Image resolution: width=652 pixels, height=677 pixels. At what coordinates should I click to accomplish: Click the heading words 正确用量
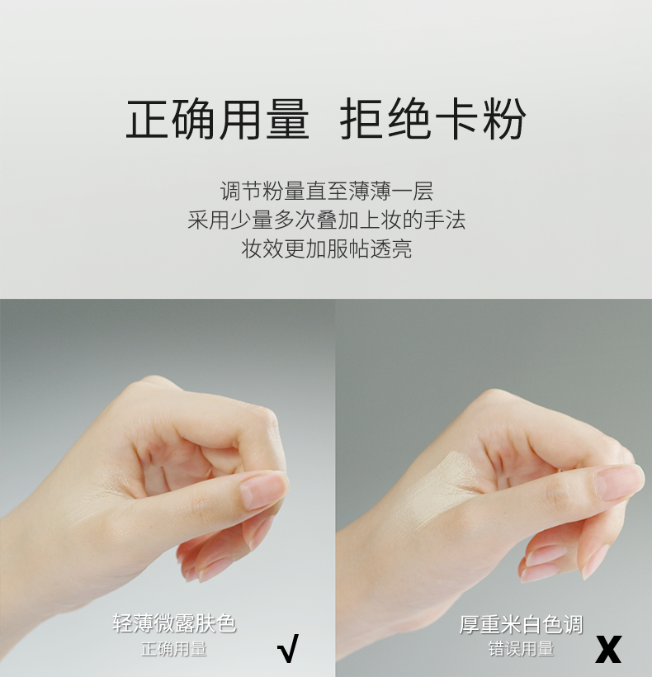pyautogui.click(x=218, y=118)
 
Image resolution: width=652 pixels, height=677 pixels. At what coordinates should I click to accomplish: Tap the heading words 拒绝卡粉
pyautogui.click(x=432, y=118)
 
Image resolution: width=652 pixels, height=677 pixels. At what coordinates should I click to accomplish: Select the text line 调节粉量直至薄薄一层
pyautogui.click(x=326, y=191)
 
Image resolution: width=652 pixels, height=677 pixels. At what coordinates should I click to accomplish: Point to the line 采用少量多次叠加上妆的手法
pyautogui.click(x=326, y=220)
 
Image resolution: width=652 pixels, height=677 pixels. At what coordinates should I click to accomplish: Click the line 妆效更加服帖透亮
pyautogui.click(x=326, y=249)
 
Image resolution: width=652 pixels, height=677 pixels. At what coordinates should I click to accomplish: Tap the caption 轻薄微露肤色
pyautogui.click(x=174, y=623)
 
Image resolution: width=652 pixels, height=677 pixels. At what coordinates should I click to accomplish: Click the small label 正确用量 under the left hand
pyautogui.click(x=174, y=649)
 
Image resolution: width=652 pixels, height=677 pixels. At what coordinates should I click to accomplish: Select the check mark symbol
pyautogui.click(x=288, y=648)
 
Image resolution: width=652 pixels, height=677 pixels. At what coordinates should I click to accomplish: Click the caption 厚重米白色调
pyautogui.click(x=521, y=625)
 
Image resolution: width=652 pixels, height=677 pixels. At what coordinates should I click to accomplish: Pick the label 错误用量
pyautogui.click(x=521, y=649)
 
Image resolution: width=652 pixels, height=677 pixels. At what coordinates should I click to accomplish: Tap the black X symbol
pyautogui.click(x=608, y=649)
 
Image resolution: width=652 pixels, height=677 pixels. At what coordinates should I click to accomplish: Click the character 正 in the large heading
pyautogui.click(x=147, y=119)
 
